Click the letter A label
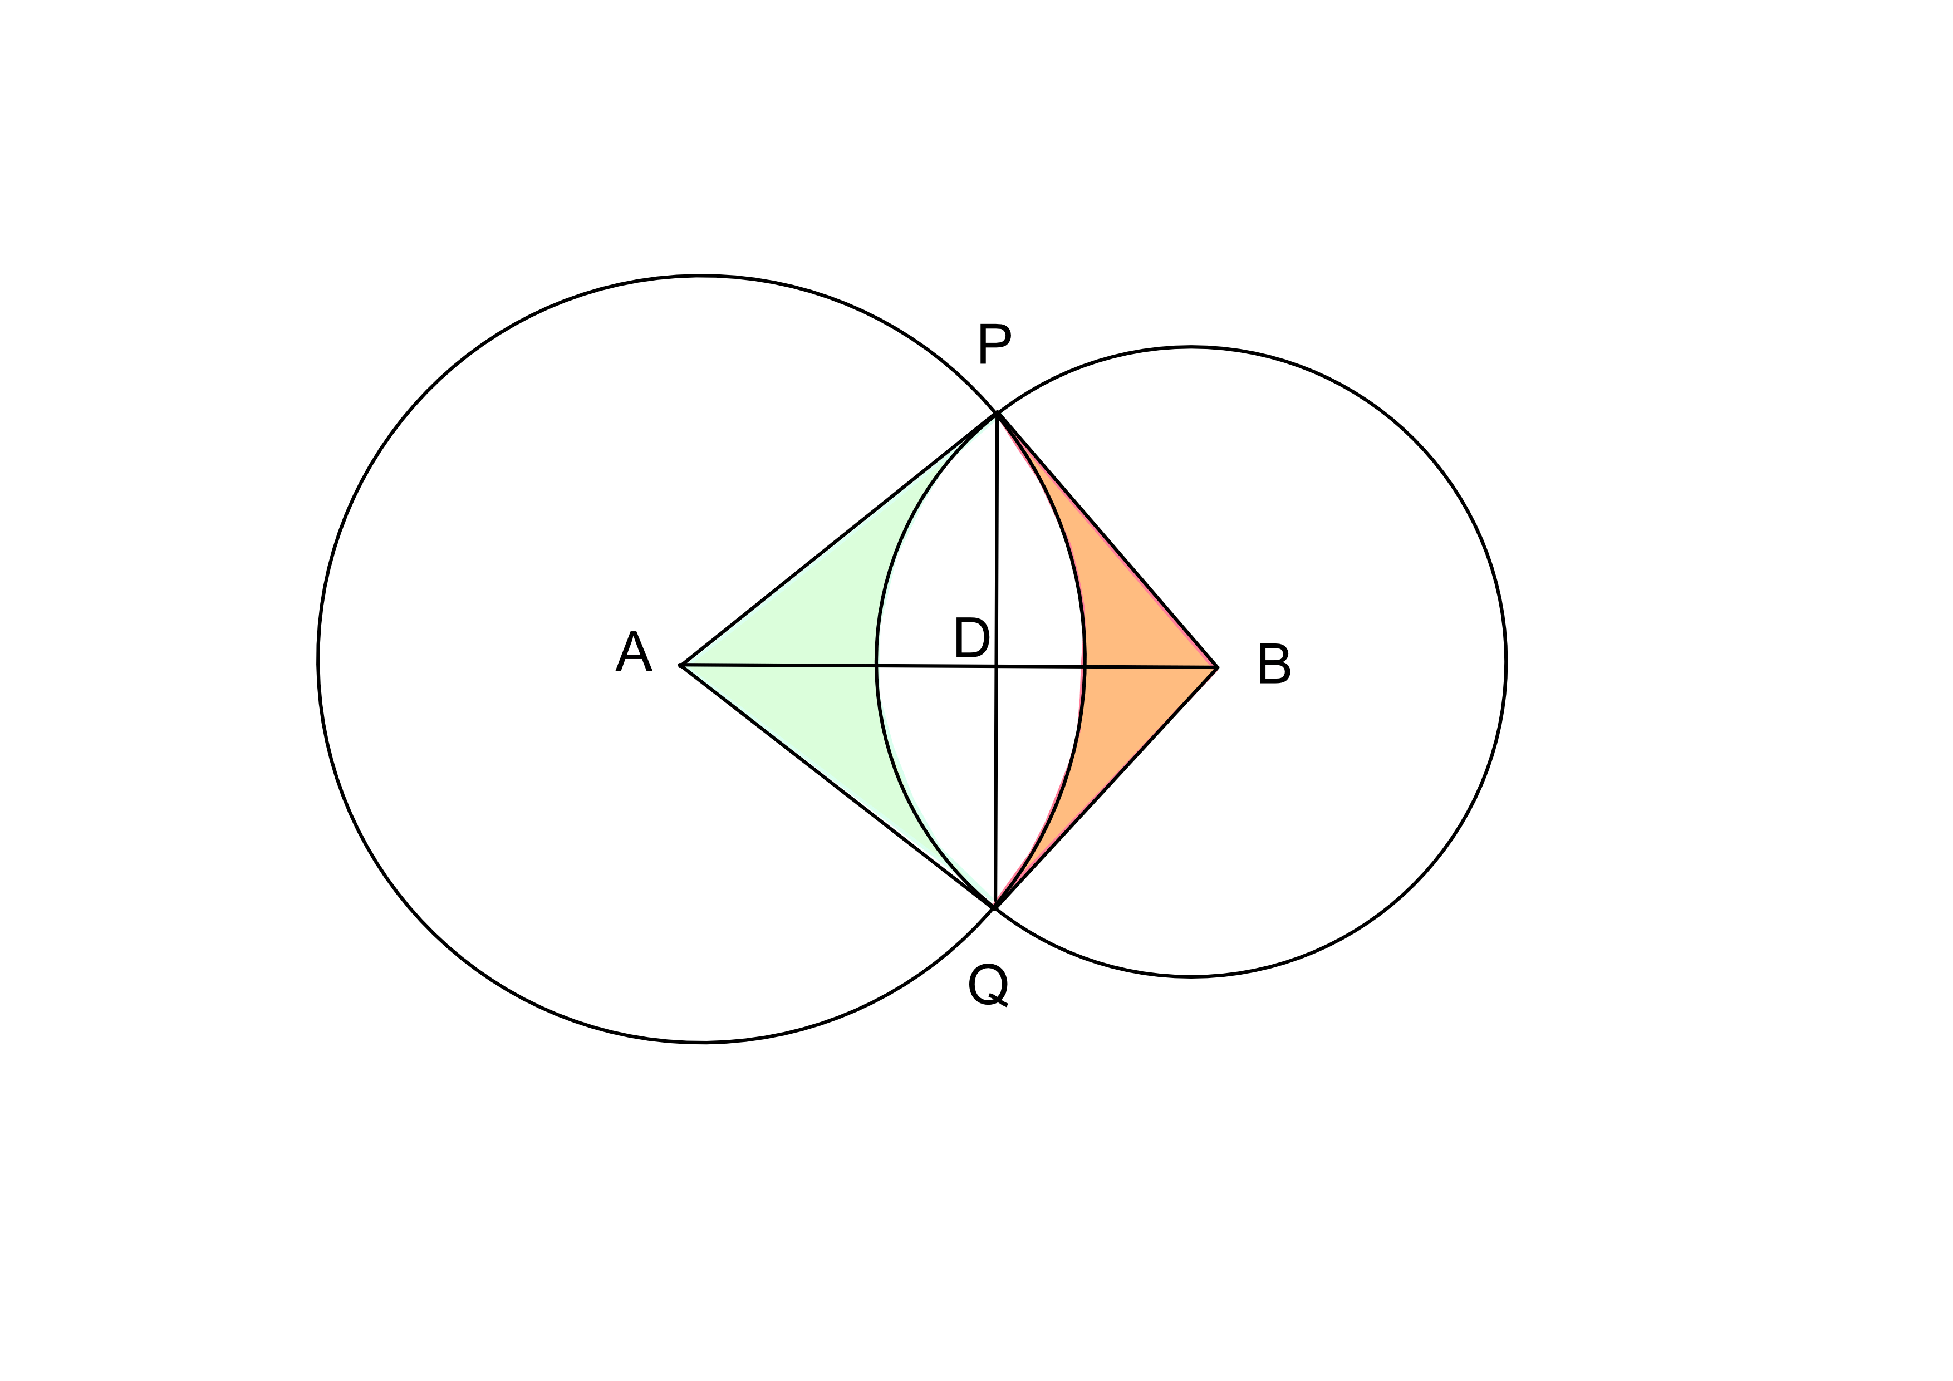pyautogui.click(x=634, y=652)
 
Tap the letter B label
pyautogui.click(x=1273, y=664)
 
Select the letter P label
pyautogui.click(x=994, y=343)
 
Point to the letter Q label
pyautogui.click(x=988, y=986)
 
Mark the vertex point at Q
pyautogui.click(x=994, y=907)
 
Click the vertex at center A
pyautogui.click(x=682, y=664)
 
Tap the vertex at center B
pyautogui.click(x=1216, y=667)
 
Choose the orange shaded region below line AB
pyautogui.click(x=1123, y=723)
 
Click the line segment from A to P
pyautogui.click(x=838, y=540)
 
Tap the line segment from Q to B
pyautogui.click(x=1106, y=788)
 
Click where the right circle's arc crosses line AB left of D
pyautogui.click(x=877, y=666)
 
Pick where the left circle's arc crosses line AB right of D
pyautogui.click(x=1085, y=667)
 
